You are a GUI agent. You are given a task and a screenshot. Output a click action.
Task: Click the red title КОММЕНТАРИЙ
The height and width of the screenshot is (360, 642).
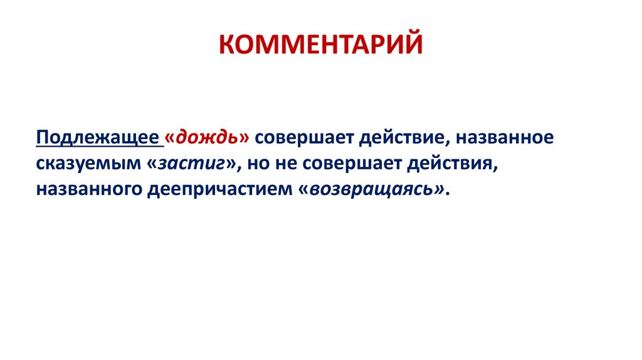[x=320, y=45]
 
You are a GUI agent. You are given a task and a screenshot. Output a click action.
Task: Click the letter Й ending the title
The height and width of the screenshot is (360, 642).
[x=413, y=45]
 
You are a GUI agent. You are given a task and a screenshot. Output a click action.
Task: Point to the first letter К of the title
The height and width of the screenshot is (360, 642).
[x=228, y=45]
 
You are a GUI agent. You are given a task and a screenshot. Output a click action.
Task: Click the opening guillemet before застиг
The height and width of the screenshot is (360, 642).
[x=154, y=164]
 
